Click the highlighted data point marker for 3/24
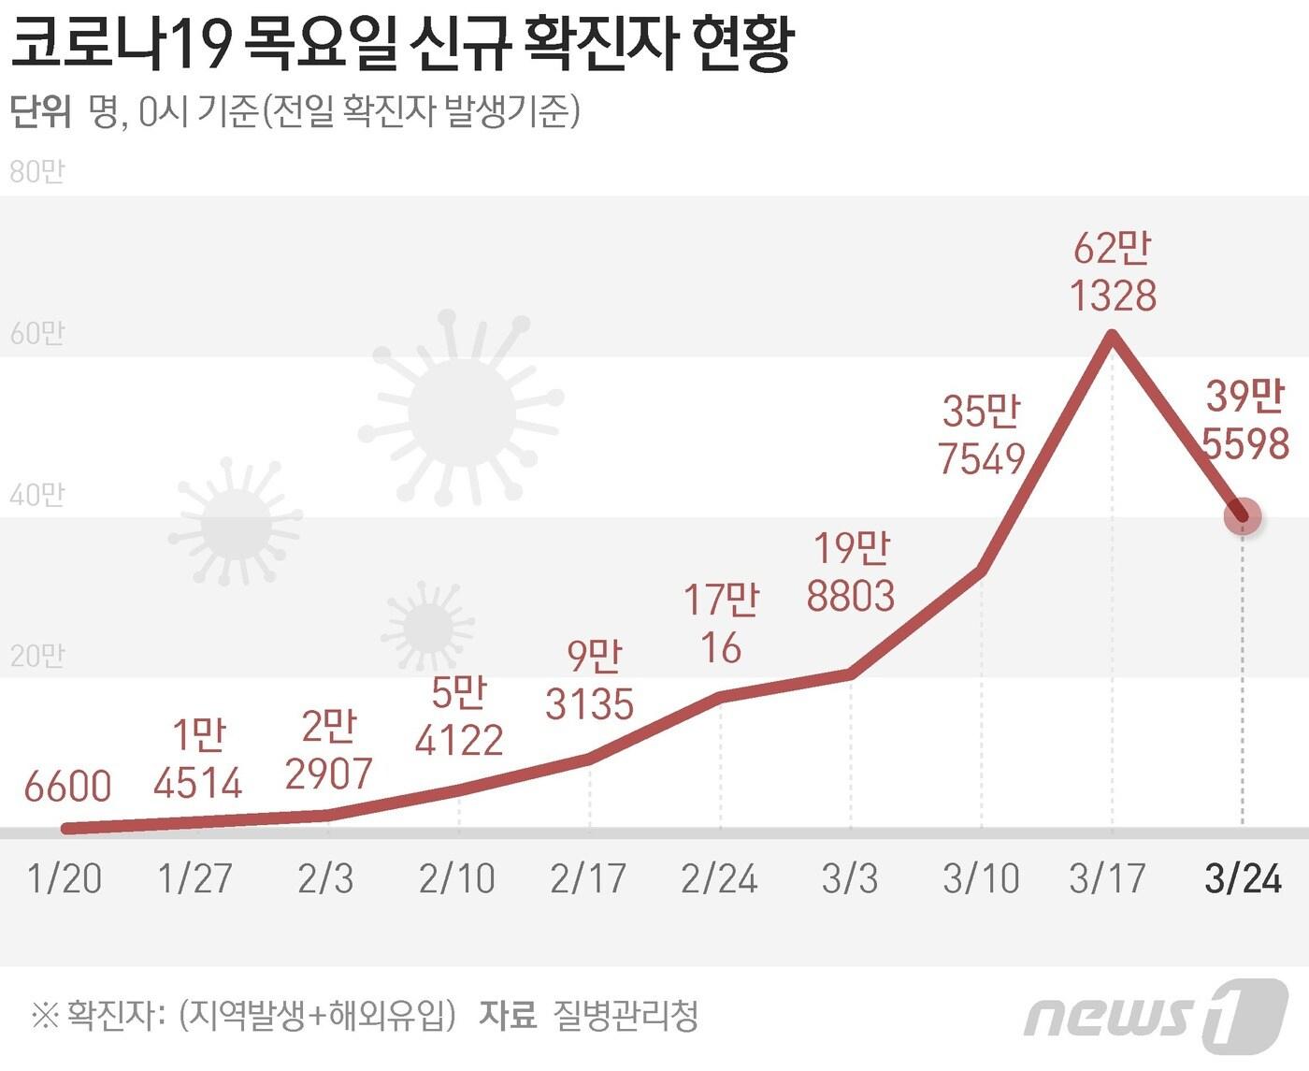coord(1243,515)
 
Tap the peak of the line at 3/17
coord(1112,335)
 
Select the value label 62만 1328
coord(1113,272)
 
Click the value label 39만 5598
coord(1244,420)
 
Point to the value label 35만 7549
coord(981,435)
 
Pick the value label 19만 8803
coord(851,572)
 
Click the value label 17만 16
coord(721,623)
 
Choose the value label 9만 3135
coord(590,680)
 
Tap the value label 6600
coord(67,787)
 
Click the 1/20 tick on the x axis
coord(65,878)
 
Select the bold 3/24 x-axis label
coord(1243,878)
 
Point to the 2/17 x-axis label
coord(588,878)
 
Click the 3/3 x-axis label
coord(850,878)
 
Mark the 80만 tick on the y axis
coord(37,172)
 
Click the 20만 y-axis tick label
coord(37,656)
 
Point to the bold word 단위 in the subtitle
coord(40,111)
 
